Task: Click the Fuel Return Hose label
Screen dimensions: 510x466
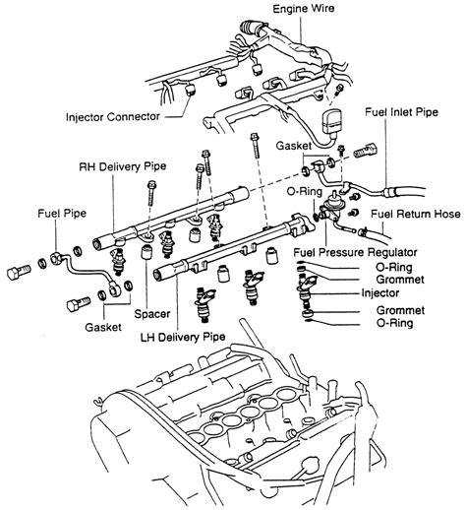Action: (416, 215)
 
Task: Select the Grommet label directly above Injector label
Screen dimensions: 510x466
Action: (400, 279)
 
